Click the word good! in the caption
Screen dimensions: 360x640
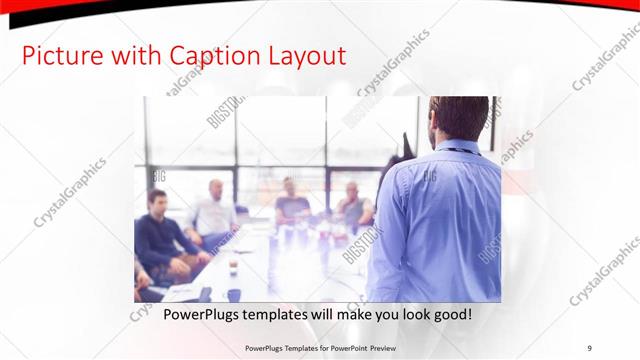450,315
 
